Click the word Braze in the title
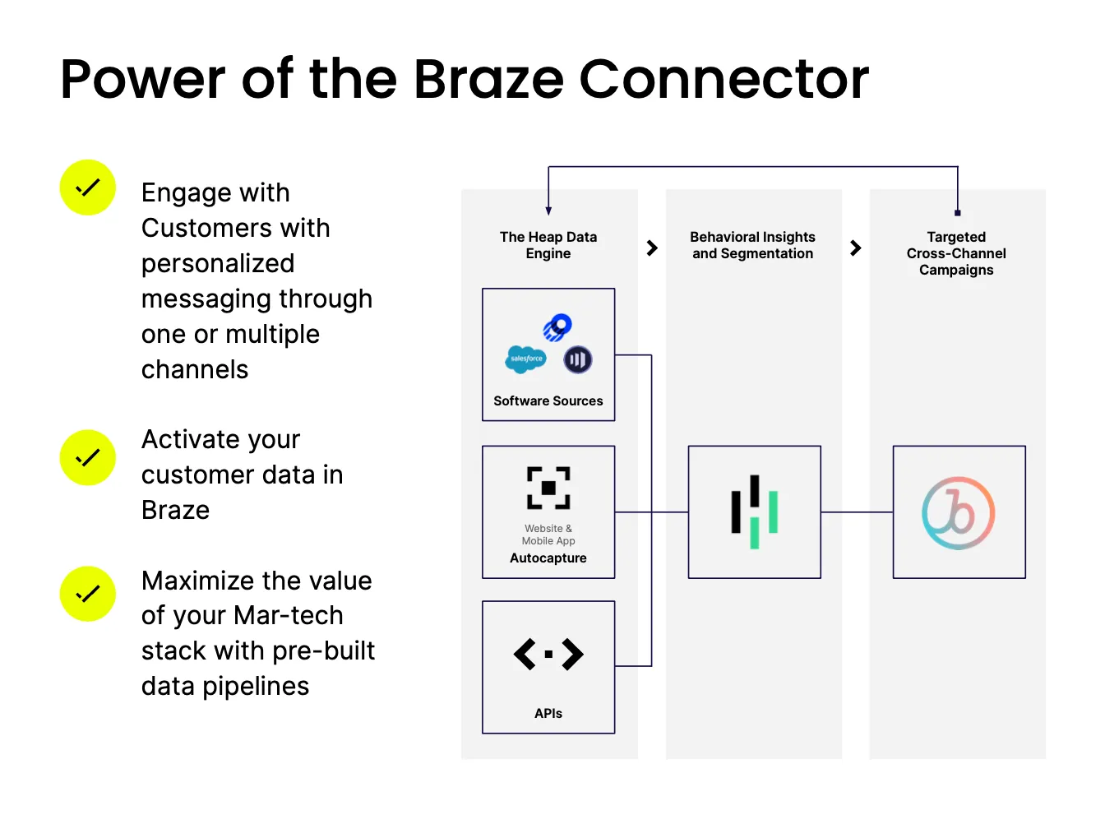pos(488,80)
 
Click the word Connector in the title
pos(724,80)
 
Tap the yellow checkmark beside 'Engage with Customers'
pos(87,187)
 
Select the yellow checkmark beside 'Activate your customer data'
pos(87,457)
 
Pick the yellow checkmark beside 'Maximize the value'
pos(87,594)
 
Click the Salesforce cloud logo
pos(525,359)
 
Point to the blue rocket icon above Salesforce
pos(557,327)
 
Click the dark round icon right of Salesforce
pos(578,359)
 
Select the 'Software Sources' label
pos(548,401)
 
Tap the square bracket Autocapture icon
pos(548,488)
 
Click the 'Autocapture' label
pos(548,558)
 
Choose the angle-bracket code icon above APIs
pos(548,655)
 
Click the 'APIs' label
pos(548,714)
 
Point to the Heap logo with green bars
pos(754,512)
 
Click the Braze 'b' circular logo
pos(959,513)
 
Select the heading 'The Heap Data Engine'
pos(548,245)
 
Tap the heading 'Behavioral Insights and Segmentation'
pos(752,245)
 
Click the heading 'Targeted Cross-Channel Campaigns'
pos(956,253)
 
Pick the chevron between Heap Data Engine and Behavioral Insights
pos(652,248)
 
